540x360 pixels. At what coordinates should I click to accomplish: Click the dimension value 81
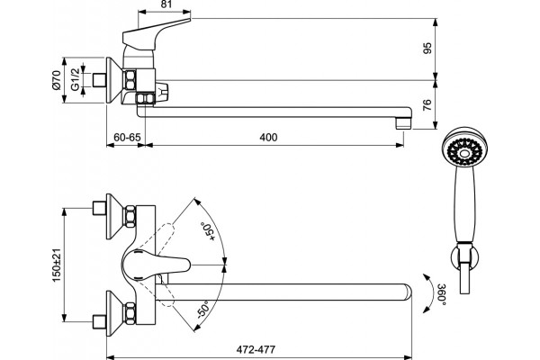tap(166, 4)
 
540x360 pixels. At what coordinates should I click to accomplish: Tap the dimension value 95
tap(427, 48)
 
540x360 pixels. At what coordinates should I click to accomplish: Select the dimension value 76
tap(427, 104)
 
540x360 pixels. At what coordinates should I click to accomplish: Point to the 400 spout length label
tap(268, 138)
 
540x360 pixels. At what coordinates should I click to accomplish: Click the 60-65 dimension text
tap(127, 138)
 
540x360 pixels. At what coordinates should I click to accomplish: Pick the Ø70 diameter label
tap(56, 80)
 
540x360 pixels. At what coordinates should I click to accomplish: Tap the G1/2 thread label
tap(75, 79)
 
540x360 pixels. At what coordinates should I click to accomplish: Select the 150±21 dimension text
tap(56, 265)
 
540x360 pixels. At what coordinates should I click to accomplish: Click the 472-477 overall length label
tap(256, 350)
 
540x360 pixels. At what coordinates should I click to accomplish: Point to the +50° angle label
tap(207, 231)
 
